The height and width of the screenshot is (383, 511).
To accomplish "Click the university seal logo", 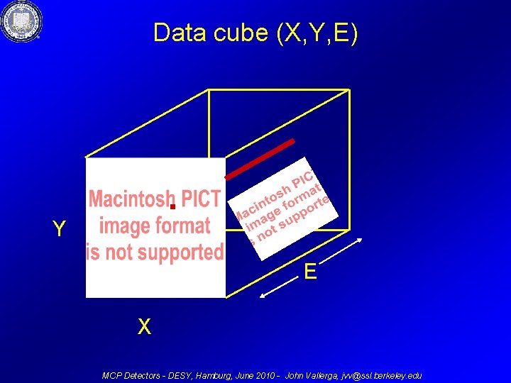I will pos(21,21).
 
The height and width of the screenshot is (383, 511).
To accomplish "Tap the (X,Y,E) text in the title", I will pos(318,33).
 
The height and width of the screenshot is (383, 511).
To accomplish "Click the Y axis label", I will pos(60,229).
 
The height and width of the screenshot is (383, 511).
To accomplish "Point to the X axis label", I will pos(144,327).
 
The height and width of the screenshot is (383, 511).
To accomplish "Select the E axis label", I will pos(310,271).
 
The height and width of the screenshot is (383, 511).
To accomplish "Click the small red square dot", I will pos(172,206).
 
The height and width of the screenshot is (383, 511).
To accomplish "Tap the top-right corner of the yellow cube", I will pos(349,90).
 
